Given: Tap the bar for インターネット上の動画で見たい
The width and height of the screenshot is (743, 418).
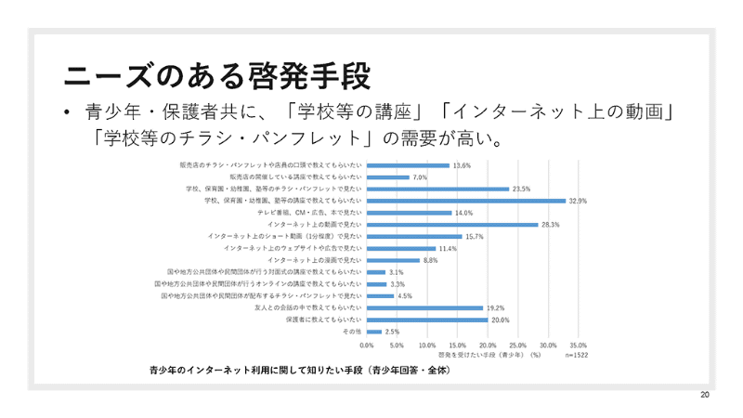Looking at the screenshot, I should click(452, 225).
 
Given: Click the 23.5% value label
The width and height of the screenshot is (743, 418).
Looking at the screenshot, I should click(522, 189).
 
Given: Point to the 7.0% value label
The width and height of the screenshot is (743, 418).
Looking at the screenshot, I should click(420, 176).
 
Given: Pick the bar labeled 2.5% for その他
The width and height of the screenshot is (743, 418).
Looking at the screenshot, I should click(374, 332).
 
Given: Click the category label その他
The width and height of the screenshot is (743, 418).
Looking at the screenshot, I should click(352, 332).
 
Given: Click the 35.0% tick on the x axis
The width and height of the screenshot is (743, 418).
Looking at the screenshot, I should click(577, 345).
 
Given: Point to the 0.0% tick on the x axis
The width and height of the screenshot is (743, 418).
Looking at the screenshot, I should click(367, 345).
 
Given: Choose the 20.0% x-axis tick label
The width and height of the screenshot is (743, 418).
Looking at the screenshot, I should click(487, 345).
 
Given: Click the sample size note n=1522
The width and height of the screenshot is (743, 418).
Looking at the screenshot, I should click(576, 354).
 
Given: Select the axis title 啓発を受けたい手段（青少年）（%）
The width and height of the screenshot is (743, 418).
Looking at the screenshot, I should click(489, 354).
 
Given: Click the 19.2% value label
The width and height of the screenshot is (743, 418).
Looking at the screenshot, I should click(496, 307).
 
